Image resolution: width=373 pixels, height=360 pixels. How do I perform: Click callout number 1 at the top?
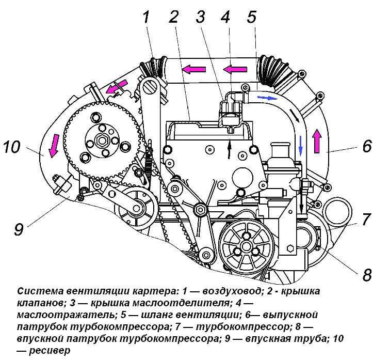tap(147, 18)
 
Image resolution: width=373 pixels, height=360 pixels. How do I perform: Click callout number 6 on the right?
tap(366, 146)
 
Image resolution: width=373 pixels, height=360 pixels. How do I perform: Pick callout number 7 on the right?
tap(366, 219)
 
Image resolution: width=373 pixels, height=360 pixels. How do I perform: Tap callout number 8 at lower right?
tap(366, 274)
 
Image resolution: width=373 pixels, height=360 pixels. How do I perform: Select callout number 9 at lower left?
tap(19, 228)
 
